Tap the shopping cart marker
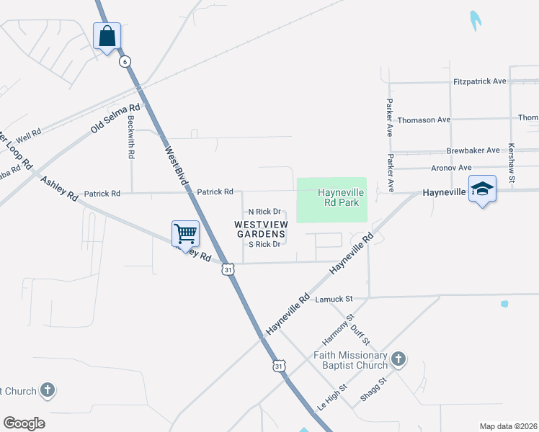[x=185, y=233]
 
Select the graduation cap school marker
[x=482, y=189]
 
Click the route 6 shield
[x=125, y=61]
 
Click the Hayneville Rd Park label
[x=339, y=198]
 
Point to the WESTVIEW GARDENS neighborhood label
[x=261, y=230]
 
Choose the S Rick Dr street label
[x=264, y=245]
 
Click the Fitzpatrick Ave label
[x=480, y=81]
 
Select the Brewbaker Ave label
[x=473, y=150]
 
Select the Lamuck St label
[x=333, y=298]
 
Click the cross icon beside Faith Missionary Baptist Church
[x=398, y=359]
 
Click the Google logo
[x=24, y=423]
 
